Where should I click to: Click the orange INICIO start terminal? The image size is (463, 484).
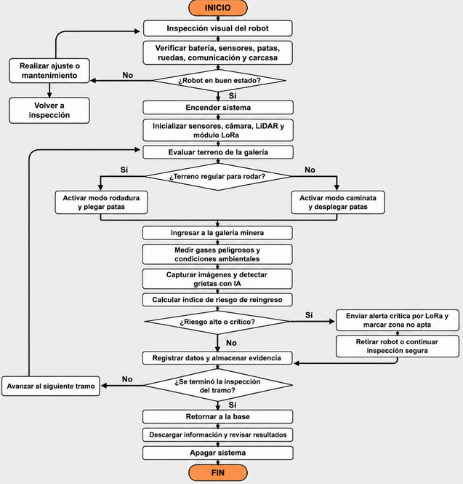click(217, 8)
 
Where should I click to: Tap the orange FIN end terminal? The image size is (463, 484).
click(217, 472)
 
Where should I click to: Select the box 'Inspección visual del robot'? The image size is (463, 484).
click(217, 28)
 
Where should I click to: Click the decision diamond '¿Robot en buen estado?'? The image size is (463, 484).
click(219, 81)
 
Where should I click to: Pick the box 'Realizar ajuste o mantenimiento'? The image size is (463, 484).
click(49, 71)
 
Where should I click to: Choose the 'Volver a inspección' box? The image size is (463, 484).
click(49, 110)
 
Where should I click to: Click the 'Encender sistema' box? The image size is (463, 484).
click(218, 108)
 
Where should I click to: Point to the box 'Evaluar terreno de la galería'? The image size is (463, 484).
click(218, 152)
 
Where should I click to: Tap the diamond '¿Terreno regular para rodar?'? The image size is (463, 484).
click(217, 177)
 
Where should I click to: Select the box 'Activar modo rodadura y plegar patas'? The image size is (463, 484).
click(101, 202)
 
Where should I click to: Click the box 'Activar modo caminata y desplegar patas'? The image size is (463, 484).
click(338, 202)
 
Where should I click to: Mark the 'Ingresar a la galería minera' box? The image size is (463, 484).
click(217, 233)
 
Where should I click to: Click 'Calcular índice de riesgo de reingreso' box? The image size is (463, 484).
click(217, 300)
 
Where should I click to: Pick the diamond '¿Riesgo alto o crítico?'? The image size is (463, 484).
click(217, 322)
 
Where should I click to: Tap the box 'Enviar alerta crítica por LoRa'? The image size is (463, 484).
click(398, 320)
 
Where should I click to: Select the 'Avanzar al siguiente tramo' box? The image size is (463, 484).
click(51, 386)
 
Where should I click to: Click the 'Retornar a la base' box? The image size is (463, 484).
click(217, 417)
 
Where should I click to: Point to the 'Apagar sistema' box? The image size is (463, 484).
click(217, 453)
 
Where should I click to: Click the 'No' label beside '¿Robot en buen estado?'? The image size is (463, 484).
click(128, 75)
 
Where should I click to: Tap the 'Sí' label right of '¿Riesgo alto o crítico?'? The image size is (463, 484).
click(309, 315)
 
